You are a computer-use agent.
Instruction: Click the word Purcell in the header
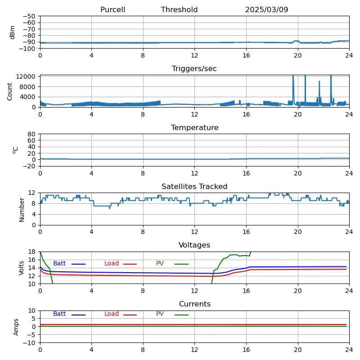coord(112,10)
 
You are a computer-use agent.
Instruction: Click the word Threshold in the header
coord(179,10)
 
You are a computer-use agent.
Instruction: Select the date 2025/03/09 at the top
coord(266,10)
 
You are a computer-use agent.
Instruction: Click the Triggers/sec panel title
coord(194,69)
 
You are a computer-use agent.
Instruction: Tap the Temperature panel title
coord(194,128)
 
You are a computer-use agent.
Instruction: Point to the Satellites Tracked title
coord(194,187)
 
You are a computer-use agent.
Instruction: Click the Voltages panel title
coord(194,245)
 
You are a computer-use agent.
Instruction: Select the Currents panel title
coord(194,304)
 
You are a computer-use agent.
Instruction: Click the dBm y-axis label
coord(13,32)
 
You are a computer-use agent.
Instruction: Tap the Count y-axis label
coord(10,91)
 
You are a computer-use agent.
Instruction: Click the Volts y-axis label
coord(22,268)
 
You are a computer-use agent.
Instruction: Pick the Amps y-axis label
coord(16,327)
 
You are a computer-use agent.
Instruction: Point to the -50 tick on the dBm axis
coord(29,17)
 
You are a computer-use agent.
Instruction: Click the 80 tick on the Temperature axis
coord(32,134)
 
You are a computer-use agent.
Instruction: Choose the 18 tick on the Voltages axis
coord(32,252)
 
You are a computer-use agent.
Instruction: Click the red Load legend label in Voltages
coord(112,264)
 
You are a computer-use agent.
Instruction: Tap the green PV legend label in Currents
coord(160,314)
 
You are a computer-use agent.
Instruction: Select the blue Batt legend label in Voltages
coord(59,264)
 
